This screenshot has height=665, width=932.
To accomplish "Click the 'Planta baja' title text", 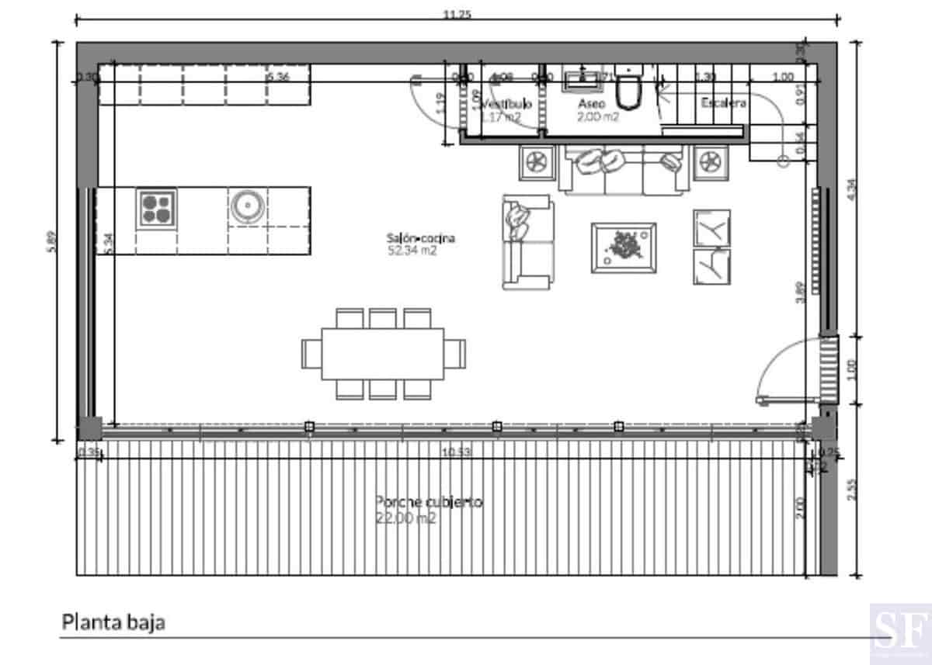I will coord(113,622).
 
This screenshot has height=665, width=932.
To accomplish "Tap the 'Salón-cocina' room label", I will coord(420,238).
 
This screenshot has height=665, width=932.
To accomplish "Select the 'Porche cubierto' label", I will coord(429,502).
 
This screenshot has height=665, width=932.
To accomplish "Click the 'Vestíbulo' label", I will coord(506,103).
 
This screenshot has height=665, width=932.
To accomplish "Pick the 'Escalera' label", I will coord(723,103).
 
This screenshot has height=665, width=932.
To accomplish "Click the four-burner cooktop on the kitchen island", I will coord(157,207).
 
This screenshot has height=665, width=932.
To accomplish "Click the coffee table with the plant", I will coord(624,248).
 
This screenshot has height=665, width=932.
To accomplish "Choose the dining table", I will coord(384,353).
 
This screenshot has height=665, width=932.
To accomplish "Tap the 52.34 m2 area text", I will coord(414,251).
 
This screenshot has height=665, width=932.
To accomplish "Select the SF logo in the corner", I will coord(899,629).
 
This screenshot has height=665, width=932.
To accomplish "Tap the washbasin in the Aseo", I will coord(578,78).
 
